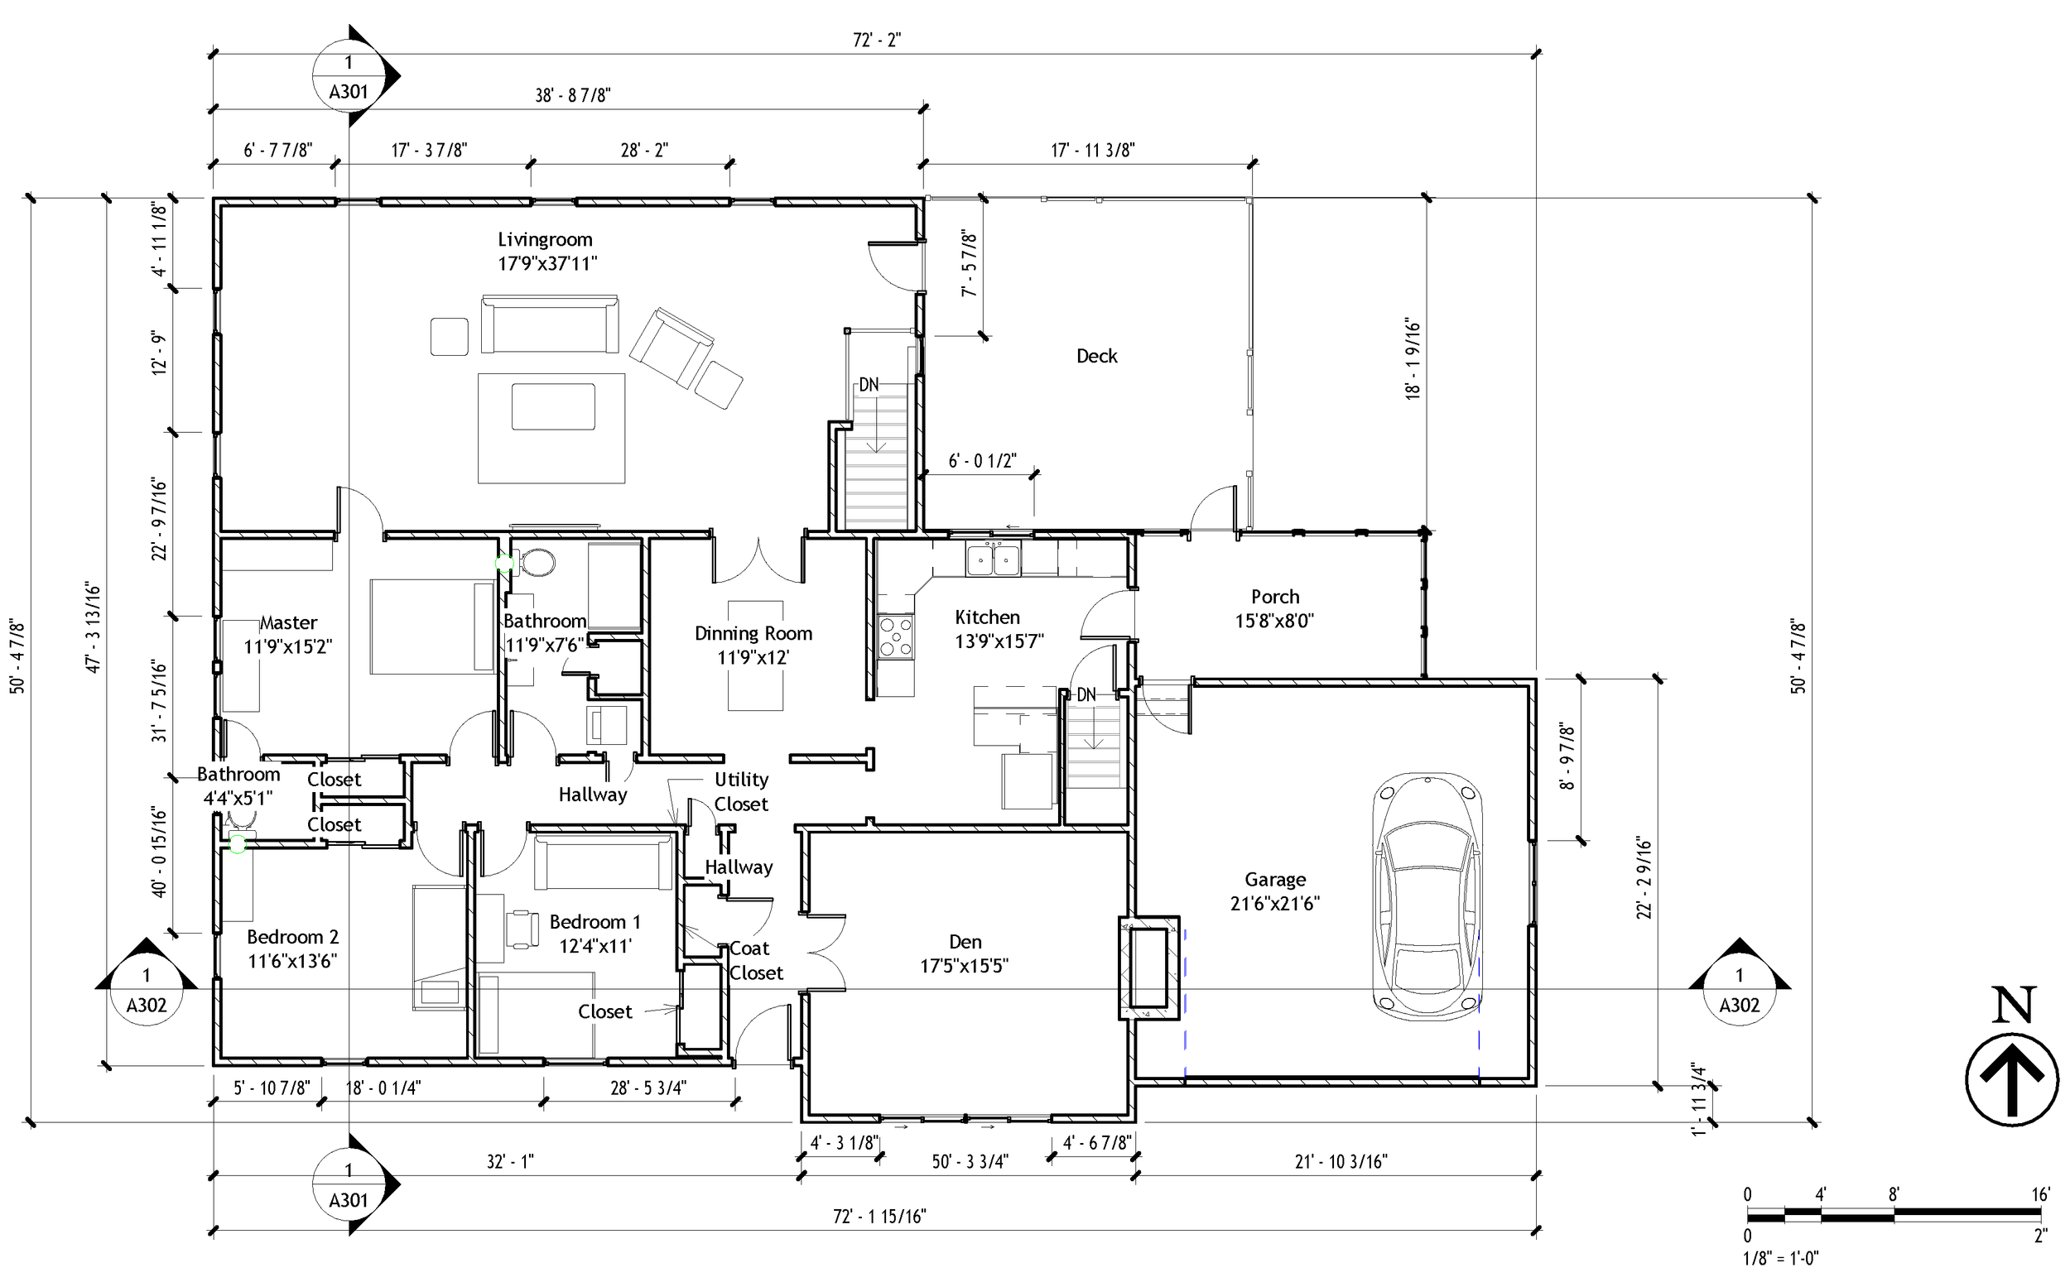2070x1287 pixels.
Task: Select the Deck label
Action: (1096, 357)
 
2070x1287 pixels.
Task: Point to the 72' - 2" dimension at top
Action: (876, 40)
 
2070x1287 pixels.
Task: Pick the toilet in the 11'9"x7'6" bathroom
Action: (537, 562)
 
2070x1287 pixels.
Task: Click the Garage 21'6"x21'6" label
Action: (1273, 891)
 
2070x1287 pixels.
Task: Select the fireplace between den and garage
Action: (1148, 968)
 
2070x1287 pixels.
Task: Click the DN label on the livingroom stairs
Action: (868, 385)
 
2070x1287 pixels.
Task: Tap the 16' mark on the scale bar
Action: (2039, 1195)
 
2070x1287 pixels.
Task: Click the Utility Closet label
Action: (740, 791)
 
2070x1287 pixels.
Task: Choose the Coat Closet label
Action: (754, 960)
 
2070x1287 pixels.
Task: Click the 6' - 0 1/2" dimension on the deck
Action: (982, 461)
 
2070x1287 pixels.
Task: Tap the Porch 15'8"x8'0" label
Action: (1273, 608)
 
